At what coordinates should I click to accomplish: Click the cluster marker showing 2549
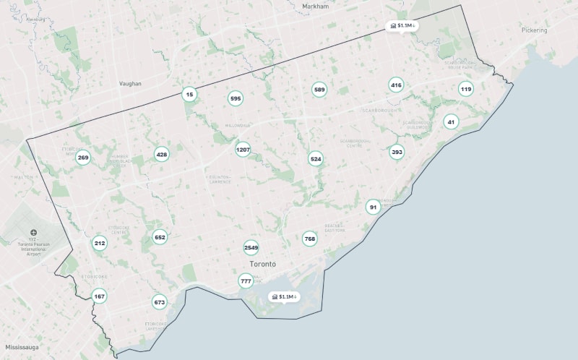coord(251,247)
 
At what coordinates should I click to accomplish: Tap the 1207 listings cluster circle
coord(243,150)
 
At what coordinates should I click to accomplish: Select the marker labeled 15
coord(189,94)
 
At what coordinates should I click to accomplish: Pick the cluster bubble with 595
coord(236,98)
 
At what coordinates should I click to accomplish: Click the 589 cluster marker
coord(319,90)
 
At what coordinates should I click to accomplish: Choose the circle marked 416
coord(396,85)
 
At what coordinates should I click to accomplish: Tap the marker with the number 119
coord(466,89)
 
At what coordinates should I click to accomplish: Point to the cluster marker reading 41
coord(451,121)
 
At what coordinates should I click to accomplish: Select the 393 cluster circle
coord(397,152)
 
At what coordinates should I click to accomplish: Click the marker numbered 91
coord(373,207)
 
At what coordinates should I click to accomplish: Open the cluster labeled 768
coord(310,239)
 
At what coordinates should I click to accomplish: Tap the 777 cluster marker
coord(246,281)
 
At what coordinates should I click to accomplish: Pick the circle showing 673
coord(160,302)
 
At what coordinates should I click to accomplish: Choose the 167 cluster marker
coord(99,296)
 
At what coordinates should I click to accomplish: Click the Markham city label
coord(315,6)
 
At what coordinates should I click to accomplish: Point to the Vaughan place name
coord(130,84)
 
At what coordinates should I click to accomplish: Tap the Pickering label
coord(534,30)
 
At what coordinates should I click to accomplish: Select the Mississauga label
coord(22,347)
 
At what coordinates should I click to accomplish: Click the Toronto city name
coord(262,264)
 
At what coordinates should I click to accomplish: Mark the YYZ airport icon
coord(34,233)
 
